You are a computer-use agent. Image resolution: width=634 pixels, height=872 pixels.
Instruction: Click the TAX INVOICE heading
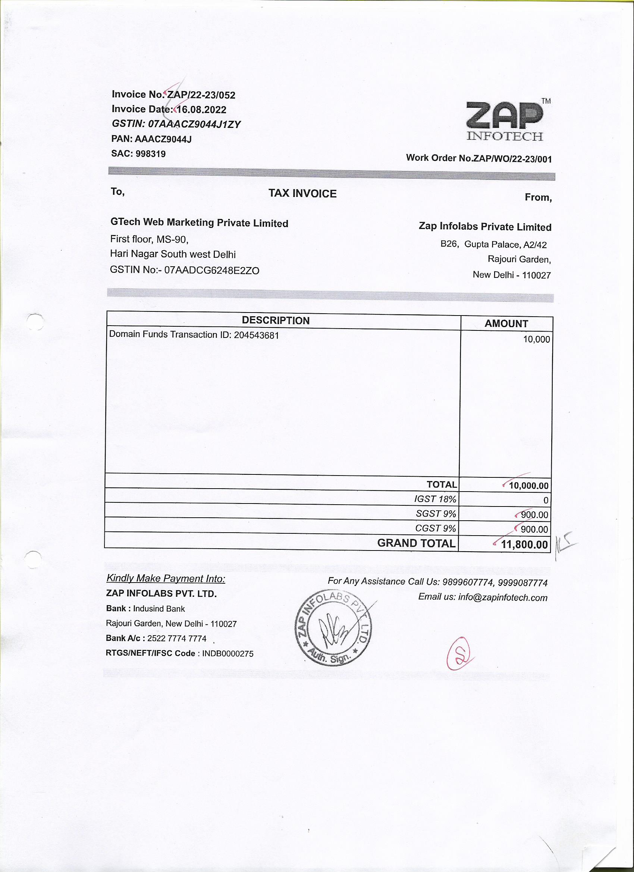pyautogui.click(x=302, y=194)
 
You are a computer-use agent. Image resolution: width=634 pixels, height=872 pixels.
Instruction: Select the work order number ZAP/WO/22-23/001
pyautogui.click(x=512, y=159)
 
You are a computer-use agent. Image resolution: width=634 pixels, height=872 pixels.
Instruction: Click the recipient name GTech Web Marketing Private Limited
pyautogui.click(x=199, y=223)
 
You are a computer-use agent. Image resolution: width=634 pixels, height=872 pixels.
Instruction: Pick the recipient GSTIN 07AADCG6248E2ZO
pyautogui.click(x=211, y=270)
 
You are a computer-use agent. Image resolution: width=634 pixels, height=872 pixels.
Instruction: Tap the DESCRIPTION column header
pyautogui.click(x=276, y=321)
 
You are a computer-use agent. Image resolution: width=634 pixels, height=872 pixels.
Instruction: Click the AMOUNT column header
pyautogui.click(x=506, y=324)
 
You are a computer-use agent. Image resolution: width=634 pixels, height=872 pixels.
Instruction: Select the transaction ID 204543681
pyautogui.click(x=256, y=335)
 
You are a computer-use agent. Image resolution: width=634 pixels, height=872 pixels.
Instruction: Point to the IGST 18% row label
pyautogui.click(x=435, y=499)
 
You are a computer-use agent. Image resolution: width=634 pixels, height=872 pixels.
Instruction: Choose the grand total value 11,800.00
pyautogui.click(x=524, y=545)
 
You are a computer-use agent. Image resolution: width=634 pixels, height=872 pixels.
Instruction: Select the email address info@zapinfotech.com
pyautogui.click(x=502, y=598)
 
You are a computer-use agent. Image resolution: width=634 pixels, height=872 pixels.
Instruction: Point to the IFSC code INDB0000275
pyautogui.click(x=227, y=653)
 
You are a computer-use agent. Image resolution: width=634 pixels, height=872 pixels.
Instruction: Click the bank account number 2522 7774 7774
pyautogui.click(x=177, y=639)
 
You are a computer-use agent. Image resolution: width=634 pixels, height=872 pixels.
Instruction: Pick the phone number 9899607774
pyautogui.click(x=468, y=582)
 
